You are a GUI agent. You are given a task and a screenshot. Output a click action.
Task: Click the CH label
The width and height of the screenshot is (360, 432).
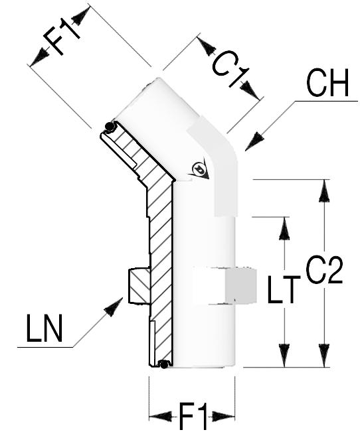coord(327,82)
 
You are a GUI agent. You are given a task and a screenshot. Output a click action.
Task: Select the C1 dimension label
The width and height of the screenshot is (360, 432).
coord(230,68)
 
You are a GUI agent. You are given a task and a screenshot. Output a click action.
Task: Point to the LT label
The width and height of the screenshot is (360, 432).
coord(284,289)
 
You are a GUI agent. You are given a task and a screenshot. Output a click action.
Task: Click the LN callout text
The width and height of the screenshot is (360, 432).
coord(44,328)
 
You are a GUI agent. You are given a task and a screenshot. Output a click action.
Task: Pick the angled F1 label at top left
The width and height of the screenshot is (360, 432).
coord(61,36)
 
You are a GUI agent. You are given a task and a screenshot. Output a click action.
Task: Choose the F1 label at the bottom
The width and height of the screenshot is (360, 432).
coord(193,417)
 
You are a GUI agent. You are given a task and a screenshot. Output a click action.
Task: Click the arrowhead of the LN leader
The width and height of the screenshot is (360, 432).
coord(114,307)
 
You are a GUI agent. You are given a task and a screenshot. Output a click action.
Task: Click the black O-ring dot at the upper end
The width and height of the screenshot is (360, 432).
coord(110,127)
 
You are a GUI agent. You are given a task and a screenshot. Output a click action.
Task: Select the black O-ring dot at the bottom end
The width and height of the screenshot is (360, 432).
coord(164,365)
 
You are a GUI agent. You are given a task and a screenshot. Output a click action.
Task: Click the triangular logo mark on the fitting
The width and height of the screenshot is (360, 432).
coord(199,169)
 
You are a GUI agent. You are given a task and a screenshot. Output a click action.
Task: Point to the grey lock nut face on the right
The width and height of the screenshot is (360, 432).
coord(241,287)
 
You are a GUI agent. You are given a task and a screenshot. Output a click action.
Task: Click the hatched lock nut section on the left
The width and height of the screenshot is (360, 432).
coord(139,286)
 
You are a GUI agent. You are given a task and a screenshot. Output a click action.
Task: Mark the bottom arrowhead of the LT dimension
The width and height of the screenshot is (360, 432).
coord(284,356)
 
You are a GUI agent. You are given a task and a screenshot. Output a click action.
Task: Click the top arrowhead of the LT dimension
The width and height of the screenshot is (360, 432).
coord(284,228)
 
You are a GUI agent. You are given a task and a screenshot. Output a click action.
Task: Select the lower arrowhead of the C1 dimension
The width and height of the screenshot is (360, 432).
coord(250,90)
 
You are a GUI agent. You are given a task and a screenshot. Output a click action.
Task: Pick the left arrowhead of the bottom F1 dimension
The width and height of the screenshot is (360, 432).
coord(160,416)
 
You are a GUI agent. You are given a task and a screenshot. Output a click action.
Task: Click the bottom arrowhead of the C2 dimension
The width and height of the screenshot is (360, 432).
coord(324,356)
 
